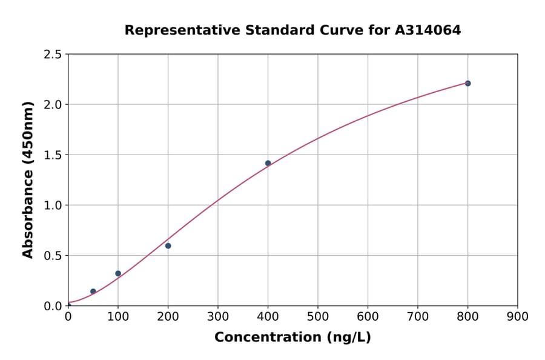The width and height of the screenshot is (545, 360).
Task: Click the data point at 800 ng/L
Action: pos(467,83)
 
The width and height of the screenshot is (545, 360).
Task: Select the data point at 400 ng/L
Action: pos(268,163)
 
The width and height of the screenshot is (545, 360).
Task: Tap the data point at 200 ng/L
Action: pos(168,245)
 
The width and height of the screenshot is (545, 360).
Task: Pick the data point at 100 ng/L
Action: pos(118,273)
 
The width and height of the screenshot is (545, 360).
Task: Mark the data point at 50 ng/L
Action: pos(93,292)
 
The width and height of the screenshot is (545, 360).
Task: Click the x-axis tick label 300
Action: pos(218,316)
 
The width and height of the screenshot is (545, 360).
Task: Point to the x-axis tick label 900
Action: pos(518,316)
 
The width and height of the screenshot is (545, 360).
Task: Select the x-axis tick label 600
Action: pos(368,316)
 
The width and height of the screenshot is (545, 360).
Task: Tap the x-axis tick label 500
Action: pos(318,316)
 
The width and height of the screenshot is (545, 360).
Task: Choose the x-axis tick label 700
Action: pos(418,316)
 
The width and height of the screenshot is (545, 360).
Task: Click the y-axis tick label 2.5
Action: pos(53,55)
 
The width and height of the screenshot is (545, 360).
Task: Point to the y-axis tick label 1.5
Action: pos(53,155)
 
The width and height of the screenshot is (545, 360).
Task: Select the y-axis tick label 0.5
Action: pos(53,256)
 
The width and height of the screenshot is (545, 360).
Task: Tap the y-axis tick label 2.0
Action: pos(53,105)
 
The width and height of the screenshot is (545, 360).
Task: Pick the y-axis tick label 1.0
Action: pos(53,205)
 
